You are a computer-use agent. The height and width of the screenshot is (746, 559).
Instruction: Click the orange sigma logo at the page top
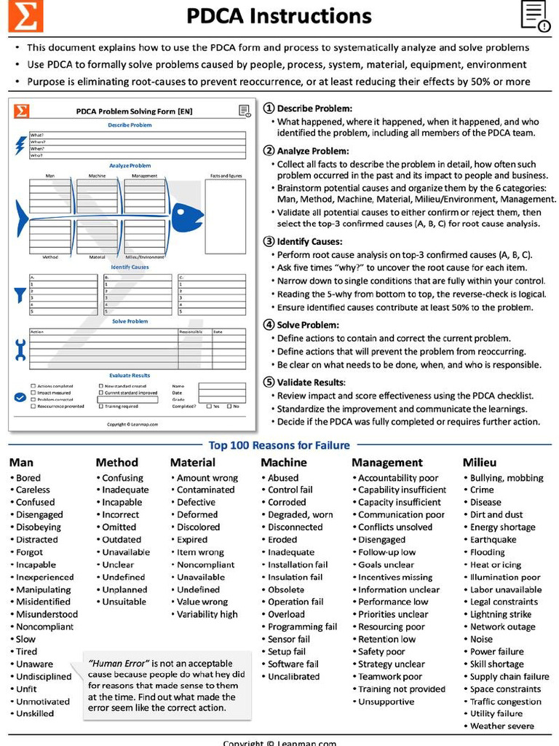25,16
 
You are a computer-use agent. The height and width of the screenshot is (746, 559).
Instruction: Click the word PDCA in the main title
221,16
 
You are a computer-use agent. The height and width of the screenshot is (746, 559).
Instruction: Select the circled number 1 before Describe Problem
269,108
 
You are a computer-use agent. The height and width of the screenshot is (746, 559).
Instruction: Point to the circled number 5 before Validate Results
269,382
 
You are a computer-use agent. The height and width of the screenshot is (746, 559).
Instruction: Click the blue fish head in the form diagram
188,216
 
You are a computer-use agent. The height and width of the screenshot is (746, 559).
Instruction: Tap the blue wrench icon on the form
20,350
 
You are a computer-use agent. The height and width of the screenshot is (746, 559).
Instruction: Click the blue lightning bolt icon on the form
20,145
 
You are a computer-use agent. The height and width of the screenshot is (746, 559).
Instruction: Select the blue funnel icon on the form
20,295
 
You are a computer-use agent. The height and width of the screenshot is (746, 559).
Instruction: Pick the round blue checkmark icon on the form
20,398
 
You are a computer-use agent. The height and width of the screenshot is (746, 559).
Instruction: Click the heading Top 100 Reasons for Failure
279,445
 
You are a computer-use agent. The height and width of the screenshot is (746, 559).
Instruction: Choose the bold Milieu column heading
480,463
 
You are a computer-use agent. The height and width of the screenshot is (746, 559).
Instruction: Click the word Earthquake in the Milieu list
493,540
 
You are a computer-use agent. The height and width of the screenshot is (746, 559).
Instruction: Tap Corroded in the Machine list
287,503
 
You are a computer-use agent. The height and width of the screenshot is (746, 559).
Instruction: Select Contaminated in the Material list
206,490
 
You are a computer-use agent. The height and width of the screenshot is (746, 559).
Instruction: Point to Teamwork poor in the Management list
390,677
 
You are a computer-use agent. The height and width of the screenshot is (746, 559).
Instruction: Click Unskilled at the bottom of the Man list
35,714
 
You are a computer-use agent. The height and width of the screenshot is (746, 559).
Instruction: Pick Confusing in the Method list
122,478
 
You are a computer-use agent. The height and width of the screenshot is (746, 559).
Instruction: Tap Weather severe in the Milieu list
501,726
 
